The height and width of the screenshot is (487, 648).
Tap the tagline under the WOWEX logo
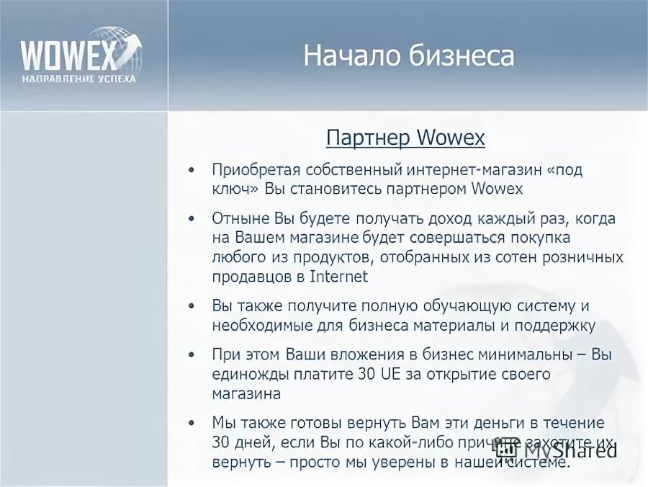coord(78,78)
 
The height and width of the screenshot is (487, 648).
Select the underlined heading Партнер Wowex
coord(405,138)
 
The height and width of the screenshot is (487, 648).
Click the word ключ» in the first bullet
coord(235,189)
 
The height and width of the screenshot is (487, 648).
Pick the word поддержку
coord(555,326)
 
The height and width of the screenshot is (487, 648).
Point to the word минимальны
coord(531,354)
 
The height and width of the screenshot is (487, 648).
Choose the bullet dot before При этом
coord(191,356)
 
